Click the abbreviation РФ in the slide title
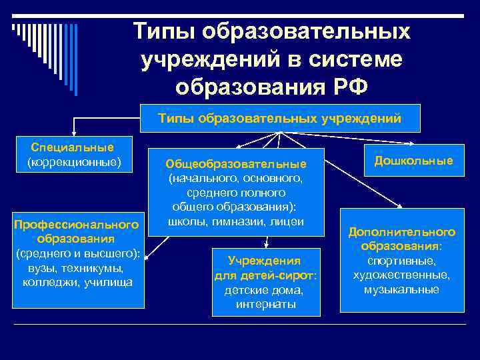(345, 87)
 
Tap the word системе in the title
(355, 59)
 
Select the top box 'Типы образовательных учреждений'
(280, 119)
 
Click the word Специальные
(73, 147)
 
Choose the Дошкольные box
(413, 161)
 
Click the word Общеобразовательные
(236, 164)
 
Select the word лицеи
(287, 221)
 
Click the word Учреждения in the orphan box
(264, 261)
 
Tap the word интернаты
(264, 305)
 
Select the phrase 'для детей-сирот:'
(264, 275)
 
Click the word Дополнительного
(402, 232)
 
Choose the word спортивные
(402, 261)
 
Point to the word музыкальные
(402, 289)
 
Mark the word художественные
(402, 275)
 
